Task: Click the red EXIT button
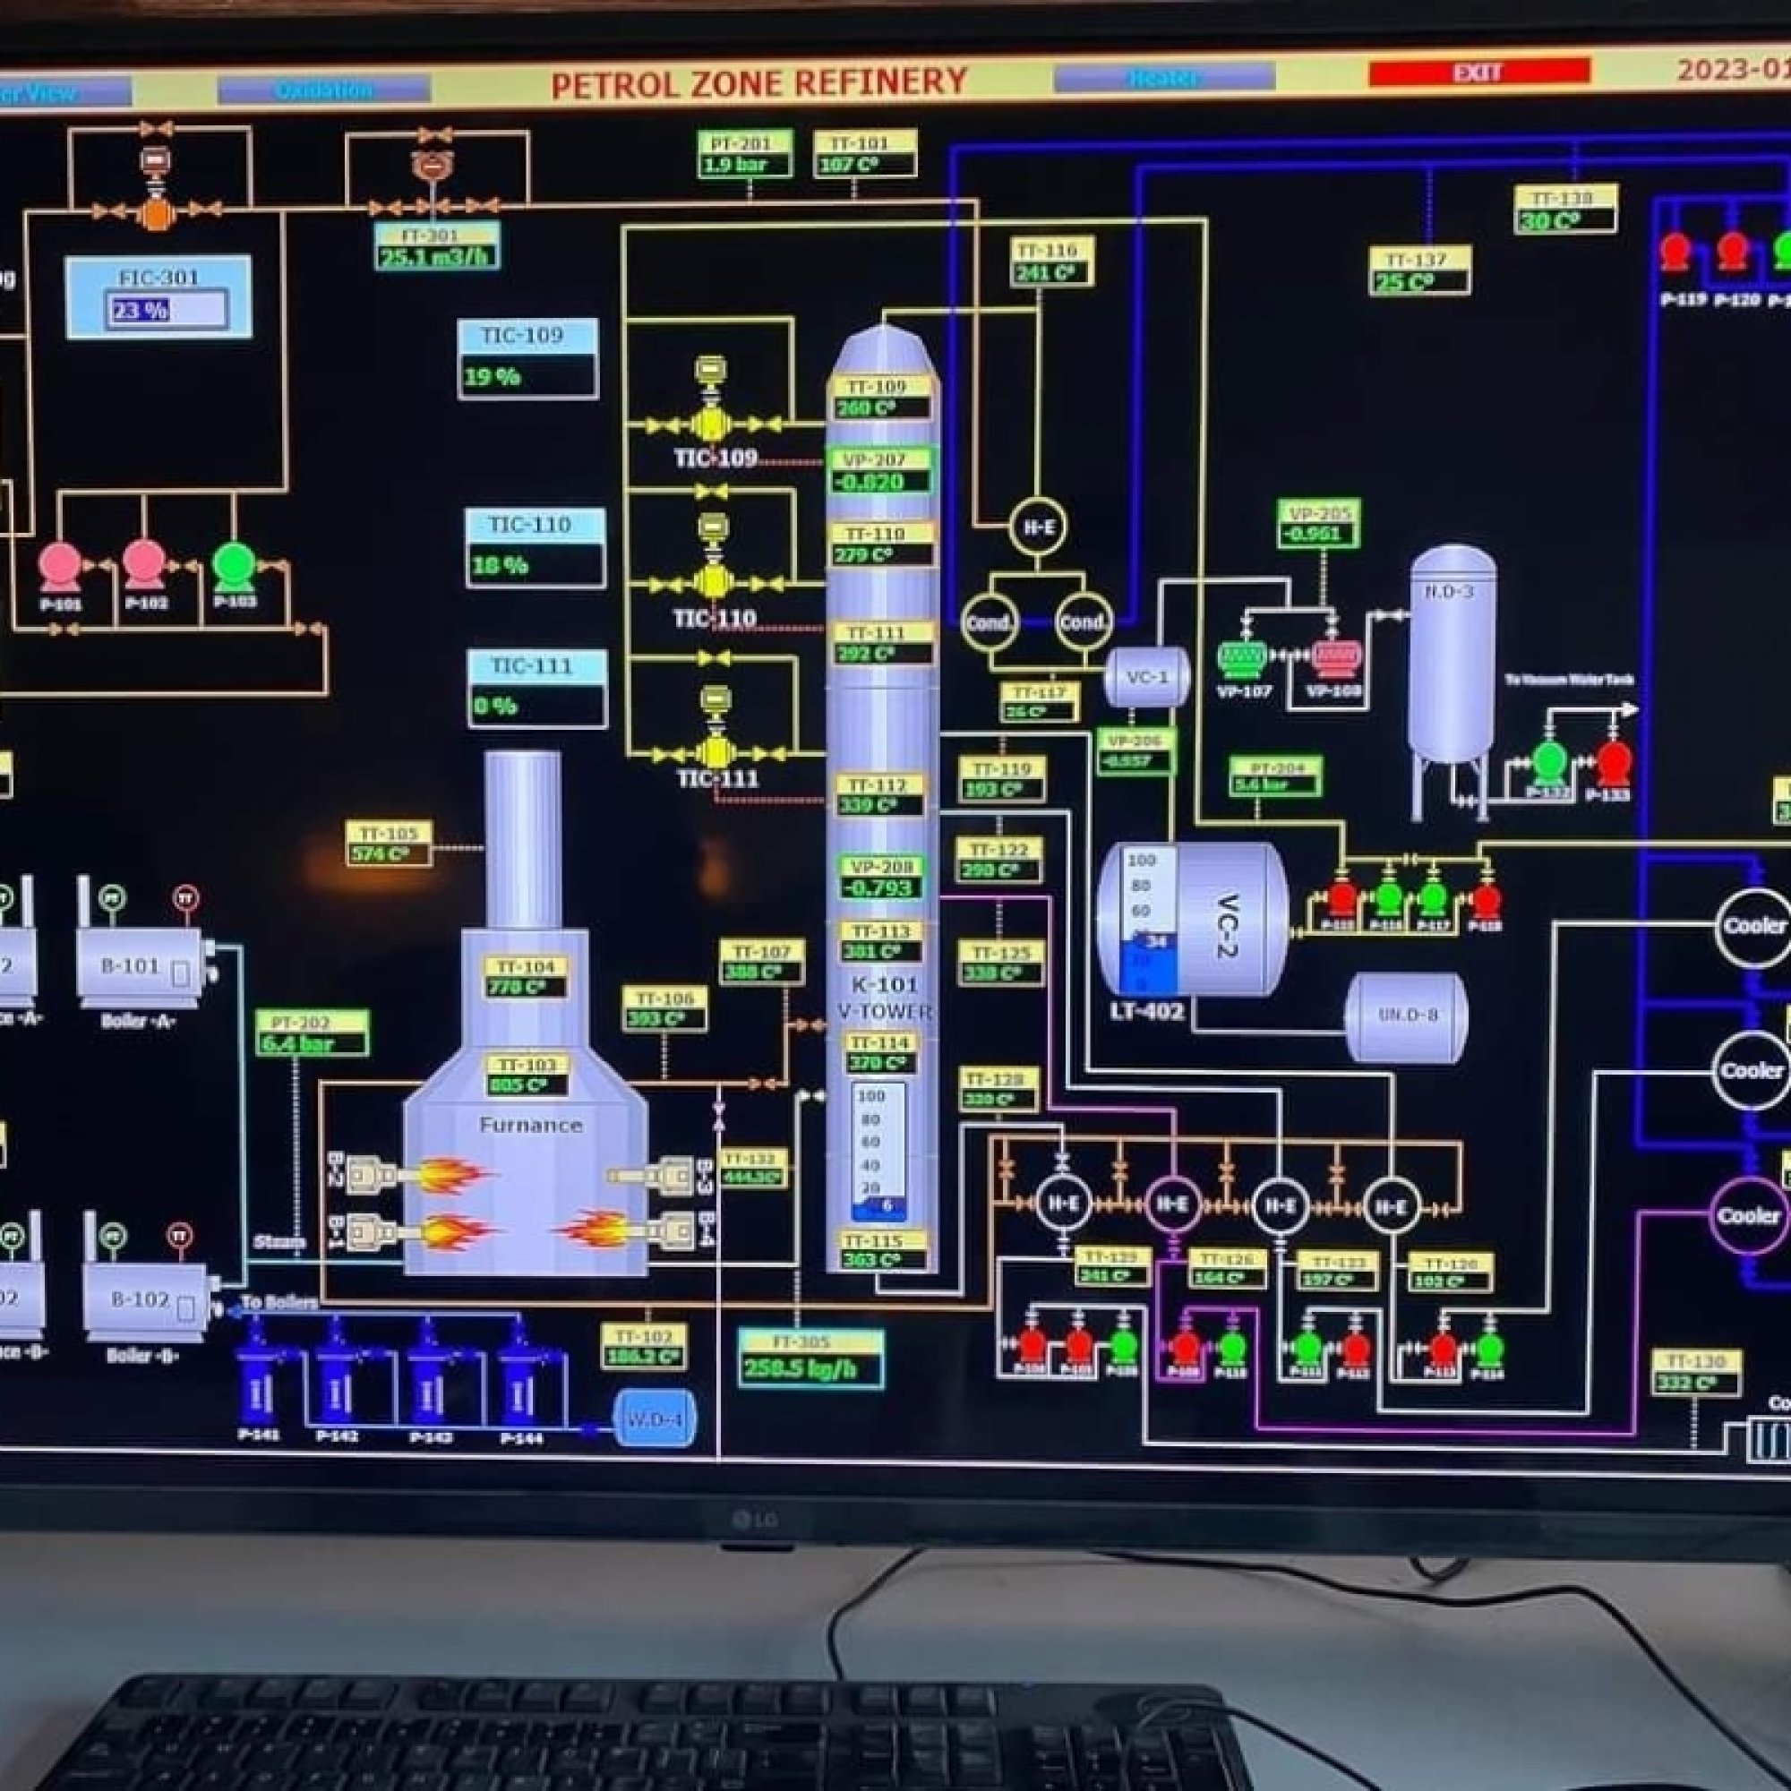[x=1478, y=72]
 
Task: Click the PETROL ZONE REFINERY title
[x=759, y=82]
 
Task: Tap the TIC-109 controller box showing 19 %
[x=527, y=360]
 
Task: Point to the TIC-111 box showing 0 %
[x=536, y=689]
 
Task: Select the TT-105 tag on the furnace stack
[x=390, y=843]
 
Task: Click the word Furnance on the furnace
[x=530, y=1126]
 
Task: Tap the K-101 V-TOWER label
[x=885, y=998]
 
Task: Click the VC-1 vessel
[x=1147, y=678]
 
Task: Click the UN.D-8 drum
[x=1406, y=1016]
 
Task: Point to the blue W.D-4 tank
[x=655, y=1418]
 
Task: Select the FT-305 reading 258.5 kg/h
[x=810, y=1359]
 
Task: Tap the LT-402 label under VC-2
[x=1147, y=1011]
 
